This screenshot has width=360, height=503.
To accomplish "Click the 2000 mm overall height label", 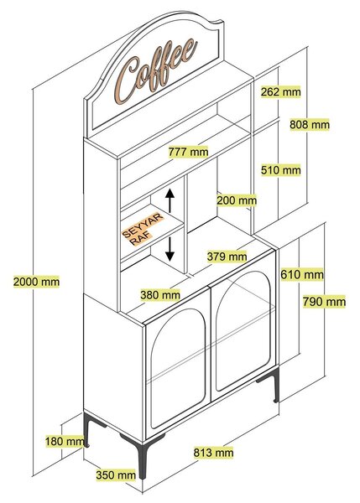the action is [x=36, y=282].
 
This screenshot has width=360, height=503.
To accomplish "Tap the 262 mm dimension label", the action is [x=280, y=91].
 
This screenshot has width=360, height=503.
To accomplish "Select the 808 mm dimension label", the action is [x=310, y=124].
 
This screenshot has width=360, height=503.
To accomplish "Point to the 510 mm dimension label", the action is [x=280, y=169].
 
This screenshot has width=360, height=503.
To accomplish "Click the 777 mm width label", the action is [x=189, y=151].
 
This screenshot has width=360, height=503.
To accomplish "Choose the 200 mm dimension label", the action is [x=237, y=200].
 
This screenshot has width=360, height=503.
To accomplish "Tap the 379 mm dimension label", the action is [x=227, y=257].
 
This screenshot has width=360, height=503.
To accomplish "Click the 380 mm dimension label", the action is [x=160, y=294].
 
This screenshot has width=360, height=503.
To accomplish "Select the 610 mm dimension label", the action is [x=302, y=275].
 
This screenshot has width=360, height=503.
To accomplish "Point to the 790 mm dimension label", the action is [x=325, y=302].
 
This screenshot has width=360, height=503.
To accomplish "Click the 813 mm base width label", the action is [x=213, y=453].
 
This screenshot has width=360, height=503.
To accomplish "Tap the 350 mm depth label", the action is [x=116, y=474].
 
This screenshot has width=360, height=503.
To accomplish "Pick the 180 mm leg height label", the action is [x=65, y=441].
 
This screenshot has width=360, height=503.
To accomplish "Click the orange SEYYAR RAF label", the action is [x=143, y=229].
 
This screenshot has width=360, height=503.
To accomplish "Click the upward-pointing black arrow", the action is [x=170, y=200].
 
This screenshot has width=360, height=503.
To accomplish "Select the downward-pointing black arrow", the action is [x=170, y=249].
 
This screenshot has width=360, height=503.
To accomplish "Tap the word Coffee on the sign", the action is [x=156, y=71].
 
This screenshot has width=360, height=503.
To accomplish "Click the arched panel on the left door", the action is [x=178, y=369].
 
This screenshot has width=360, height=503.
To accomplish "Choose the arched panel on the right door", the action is [x=243, y=331].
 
